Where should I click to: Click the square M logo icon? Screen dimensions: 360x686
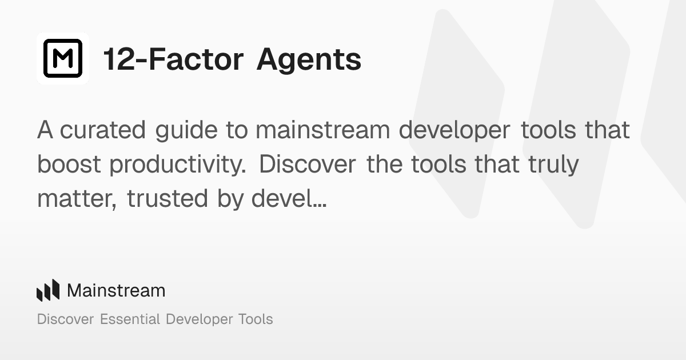[x=63, y=58]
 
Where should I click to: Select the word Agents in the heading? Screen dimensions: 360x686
[x=309, y=59]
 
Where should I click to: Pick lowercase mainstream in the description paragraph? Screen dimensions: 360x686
[x=322, y=130]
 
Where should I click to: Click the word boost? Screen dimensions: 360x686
[x=69, y=165]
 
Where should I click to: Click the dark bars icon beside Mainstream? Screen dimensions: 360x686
[x=48, y=290]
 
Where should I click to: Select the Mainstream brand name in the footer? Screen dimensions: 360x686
[x=116, y=290]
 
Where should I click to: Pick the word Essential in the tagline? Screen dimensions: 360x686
[x=130, y=319]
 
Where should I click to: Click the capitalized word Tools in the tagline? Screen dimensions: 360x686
[x=254, y=319]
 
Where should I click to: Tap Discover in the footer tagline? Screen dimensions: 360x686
[x=65, y=319]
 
